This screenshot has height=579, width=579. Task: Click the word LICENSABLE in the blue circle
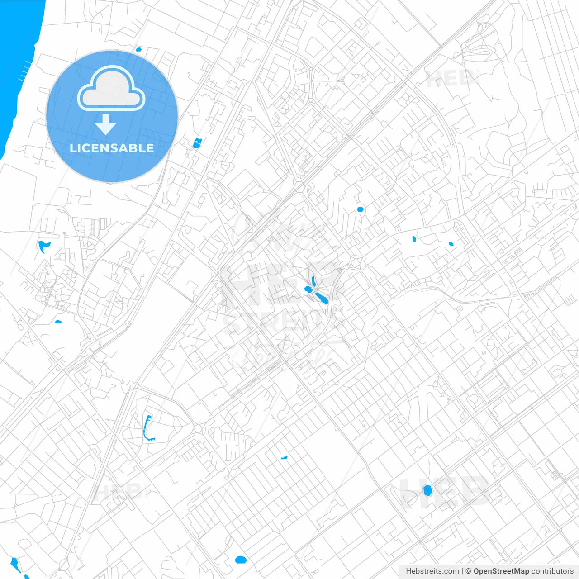pos(112,148)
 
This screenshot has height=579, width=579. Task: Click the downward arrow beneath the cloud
pos(105,124)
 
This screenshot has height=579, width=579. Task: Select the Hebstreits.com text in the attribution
pos(432,571)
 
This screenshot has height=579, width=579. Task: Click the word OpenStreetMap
pos(501,571)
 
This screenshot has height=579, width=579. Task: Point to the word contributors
pos(552,571)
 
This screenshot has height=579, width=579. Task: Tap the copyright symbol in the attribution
pos(468,571)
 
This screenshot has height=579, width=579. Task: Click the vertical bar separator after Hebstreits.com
pos(462,571)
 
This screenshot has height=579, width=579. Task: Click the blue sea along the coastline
pos(18,68)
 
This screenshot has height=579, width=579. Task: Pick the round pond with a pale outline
pos(427,490)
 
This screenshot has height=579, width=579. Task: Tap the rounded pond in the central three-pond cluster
pos(308,289)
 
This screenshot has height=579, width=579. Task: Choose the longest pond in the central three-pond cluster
pos(322,298)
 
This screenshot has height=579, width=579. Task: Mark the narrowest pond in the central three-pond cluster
pos(313,280)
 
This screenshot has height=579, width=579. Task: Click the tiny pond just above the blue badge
pos(138,49)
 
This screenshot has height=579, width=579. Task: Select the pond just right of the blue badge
pos(196,143)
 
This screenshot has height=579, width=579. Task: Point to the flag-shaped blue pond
pos(43,246)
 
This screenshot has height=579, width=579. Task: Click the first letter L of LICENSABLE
pos(73,148)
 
